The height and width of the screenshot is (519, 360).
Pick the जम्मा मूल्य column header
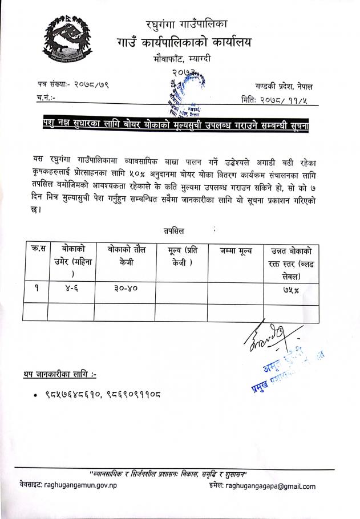point(233,252)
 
